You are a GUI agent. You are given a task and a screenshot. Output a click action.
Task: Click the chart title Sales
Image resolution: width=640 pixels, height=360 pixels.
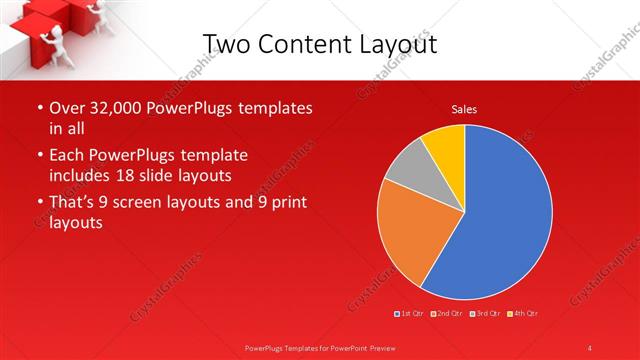click(464, 109)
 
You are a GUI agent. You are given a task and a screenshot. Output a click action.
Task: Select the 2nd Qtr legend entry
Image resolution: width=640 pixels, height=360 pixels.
click(446, 314)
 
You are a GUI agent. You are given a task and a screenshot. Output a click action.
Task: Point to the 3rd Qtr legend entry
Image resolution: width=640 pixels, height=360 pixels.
click(485, 314)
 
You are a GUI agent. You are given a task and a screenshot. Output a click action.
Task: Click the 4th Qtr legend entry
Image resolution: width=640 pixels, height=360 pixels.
click(523, 314)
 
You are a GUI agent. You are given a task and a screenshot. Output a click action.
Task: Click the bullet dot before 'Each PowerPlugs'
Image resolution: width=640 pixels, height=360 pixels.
click(39, 156)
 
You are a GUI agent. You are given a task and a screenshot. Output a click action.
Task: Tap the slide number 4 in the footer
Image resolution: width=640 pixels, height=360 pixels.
click(590, 347)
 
